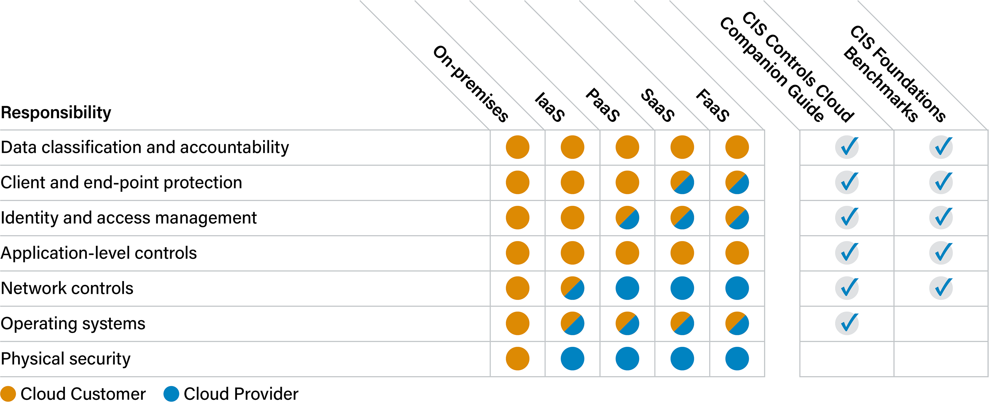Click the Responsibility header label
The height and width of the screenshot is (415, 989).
click(x=56, y=113)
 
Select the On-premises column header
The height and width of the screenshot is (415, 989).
click(x=471, y=84)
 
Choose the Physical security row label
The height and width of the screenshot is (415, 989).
click(x=66, y=359)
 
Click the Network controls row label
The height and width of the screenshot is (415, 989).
click(x=67, y=289)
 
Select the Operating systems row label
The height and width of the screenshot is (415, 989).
click(x=73, y=324)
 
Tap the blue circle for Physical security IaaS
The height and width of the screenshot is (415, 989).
click(x=572, y=359)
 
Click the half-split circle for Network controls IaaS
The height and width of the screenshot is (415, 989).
click(x=572, y=288)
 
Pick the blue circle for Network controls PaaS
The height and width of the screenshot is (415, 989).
click(x=627, y=288)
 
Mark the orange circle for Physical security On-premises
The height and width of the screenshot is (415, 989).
click(x=517, y=359)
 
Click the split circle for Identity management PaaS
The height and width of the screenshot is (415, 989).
click(x=627, y=217)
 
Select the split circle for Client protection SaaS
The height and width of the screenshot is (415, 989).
click(x=682, y=182)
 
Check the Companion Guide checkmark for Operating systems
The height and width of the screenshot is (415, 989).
click(x=847, y=323)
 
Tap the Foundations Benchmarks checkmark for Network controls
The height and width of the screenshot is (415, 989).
click(x=941, y=288)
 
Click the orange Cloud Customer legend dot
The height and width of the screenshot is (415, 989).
click(x=8, y=394)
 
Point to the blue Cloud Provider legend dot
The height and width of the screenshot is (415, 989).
click(x=171, y=394)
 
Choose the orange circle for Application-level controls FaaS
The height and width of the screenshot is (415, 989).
click(x=737, y=253)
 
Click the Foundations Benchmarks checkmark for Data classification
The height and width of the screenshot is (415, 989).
click(x=941, y=147)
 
